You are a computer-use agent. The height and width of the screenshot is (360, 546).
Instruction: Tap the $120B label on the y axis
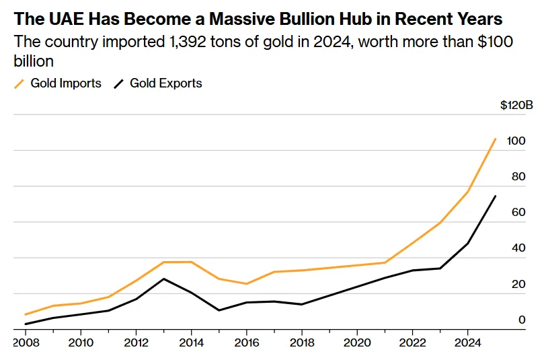516,106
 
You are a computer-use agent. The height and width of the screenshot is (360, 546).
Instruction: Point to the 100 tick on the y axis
516,141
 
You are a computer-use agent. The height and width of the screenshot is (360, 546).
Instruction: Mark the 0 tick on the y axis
522,320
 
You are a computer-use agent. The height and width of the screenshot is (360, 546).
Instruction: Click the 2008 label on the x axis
26,341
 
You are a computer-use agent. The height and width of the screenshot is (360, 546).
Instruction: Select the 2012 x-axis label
136,341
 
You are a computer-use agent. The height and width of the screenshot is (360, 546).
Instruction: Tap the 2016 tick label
246,341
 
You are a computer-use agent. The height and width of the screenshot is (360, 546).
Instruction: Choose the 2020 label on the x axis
356,341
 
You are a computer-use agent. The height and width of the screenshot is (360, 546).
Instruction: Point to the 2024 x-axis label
467,341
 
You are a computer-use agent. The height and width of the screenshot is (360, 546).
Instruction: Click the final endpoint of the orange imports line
496,139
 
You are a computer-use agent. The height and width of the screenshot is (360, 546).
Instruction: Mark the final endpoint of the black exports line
496,196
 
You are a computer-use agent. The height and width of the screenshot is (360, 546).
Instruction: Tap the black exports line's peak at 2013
163,279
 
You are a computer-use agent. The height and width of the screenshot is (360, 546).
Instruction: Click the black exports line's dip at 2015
219,310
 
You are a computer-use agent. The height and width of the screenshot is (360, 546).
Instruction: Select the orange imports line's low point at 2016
246,284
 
